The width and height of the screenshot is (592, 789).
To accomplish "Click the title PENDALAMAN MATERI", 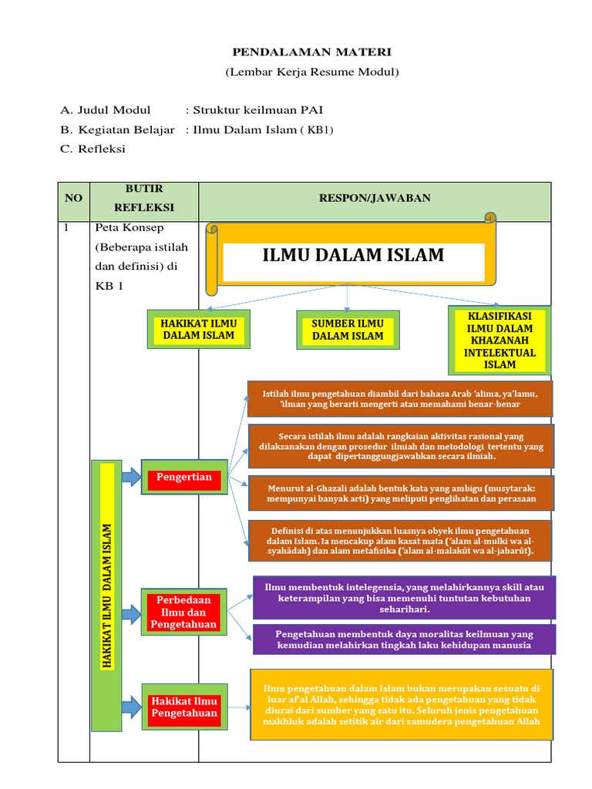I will pos(312,52).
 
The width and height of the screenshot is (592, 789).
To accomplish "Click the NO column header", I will pos(73,198).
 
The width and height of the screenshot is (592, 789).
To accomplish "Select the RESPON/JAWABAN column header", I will pos(375,198).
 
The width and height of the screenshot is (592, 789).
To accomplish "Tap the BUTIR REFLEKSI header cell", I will pos(144,198).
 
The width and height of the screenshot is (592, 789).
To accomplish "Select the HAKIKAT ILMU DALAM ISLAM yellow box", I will pos(198,329).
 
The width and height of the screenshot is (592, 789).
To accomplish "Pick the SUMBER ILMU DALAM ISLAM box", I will pos(348,329).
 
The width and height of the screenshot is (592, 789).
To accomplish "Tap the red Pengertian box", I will pos(184,478).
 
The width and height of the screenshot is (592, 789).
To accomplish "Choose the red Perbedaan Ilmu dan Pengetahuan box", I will pos(184,612).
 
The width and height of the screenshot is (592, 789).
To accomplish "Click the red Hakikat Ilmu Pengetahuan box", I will pos(184,707).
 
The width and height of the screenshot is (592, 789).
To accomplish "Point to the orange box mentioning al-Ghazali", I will pos(401,493).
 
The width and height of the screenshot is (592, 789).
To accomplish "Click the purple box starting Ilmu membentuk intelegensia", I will pos(404,598).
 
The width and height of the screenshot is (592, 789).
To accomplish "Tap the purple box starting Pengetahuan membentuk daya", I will pos(404,640).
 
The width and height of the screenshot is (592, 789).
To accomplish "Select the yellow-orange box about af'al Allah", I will pos(402,704).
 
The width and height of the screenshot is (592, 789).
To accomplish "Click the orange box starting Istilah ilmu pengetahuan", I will pos(401,398).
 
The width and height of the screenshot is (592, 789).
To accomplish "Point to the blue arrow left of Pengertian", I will pos(131,478).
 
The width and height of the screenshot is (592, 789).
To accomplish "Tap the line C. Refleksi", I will pos(92,149).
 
